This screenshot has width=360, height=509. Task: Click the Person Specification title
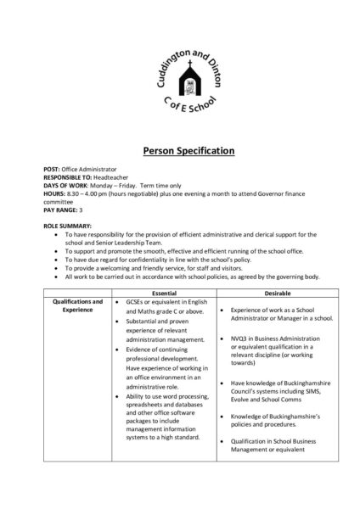[x=180, y=151]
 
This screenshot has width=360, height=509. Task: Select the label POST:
[x=52, y=171]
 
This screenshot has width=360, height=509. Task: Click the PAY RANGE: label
[x=62, y=209]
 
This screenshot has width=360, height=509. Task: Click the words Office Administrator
[x=91, y=171]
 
